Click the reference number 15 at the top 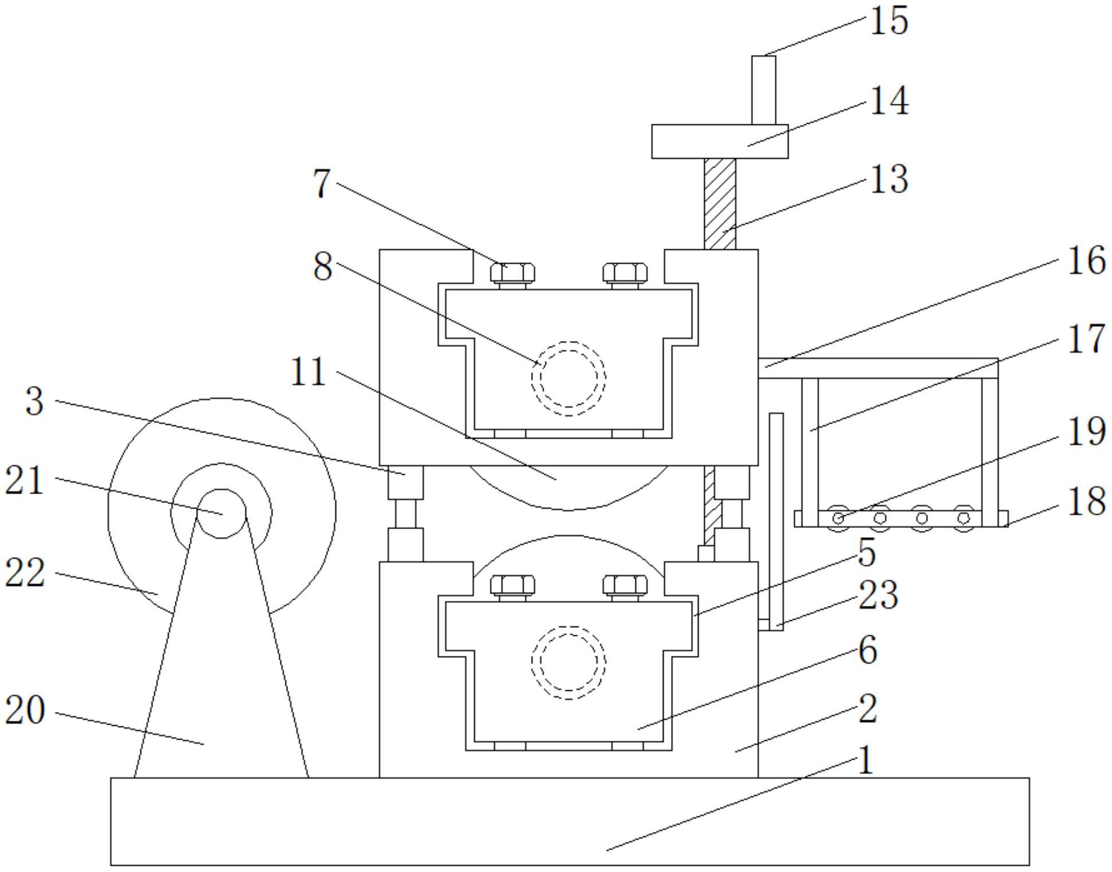pyautogui.click(x=889, y=21)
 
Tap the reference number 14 pyautogui.click(x=889, y=101)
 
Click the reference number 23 pyautogui.click(x=877, y=595)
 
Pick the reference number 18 pyautogui.click(x=1086, y=501)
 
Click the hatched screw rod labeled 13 pyautogui.click(x=720, y=204)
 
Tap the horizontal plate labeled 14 pyautogui.click(x=720, y=142)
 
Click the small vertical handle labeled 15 pyautogui.click(x=763, y=90)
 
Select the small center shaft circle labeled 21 pyautogui.click(x=221, y=514)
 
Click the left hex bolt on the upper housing pyautogui.click(x=513, y=274)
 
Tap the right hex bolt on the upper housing pyautogui.click(x=625, y=274)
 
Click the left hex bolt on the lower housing pyautogui.click(x=513, y=587)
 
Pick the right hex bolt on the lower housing pyautogui.click(x=625, y=587)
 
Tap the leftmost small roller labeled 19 pyautogui.click(x=838, y=518)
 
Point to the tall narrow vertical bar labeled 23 pyautogui.click(x=776, y=522)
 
